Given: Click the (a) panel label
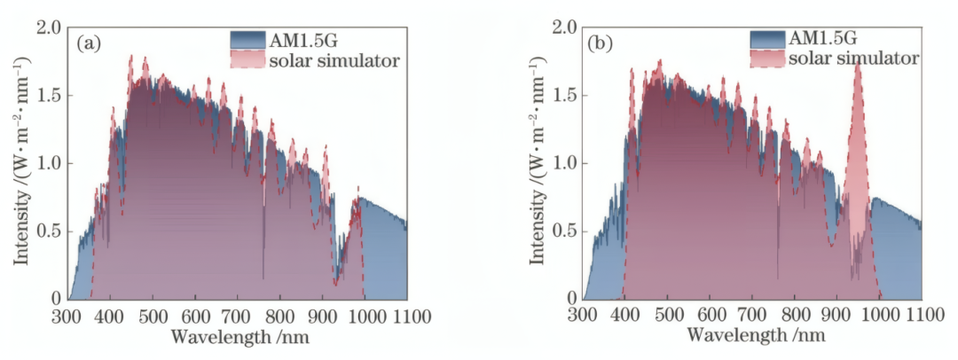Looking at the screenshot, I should point(89,42).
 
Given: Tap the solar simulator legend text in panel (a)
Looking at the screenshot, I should point(334,61).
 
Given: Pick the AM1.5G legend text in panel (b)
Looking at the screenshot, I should point(824,38).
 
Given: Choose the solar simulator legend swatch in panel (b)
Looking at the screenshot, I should point(768,59).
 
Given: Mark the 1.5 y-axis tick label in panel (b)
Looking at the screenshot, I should point(565,95).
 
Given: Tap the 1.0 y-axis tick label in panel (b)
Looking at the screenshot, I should point(565,163).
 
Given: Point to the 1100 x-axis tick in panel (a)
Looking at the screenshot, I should point(406,317).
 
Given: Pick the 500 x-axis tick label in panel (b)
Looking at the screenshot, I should point(667,317).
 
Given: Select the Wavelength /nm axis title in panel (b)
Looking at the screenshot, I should point(756,337).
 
